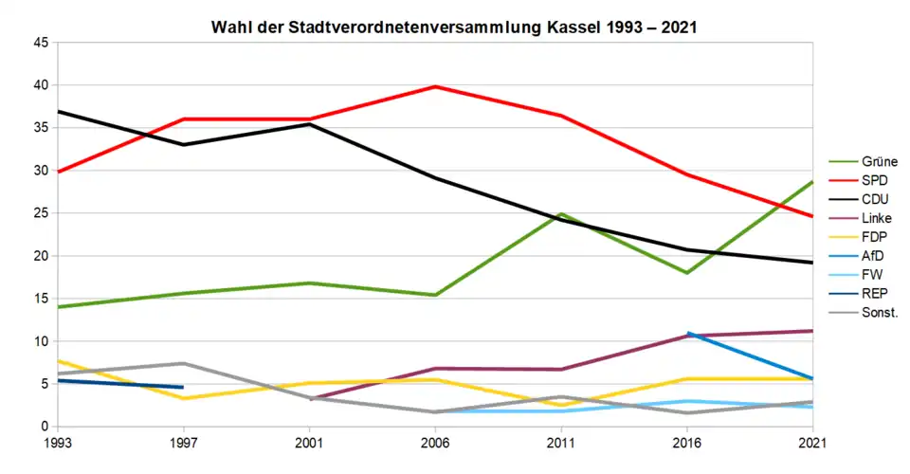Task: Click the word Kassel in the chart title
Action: pos(573,27)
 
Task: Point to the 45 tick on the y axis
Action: pos(41,43)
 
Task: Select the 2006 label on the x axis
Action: pos(435,442)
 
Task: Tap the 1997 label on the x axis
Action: pos(183,442)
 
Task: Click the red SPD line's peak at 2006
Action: pos(435,86)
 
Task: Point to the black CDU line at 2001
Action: pos(309,124)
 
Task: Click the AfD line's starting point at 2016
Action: pos(687,333)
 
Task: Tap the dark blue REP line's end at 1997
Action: pos(183,387)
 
